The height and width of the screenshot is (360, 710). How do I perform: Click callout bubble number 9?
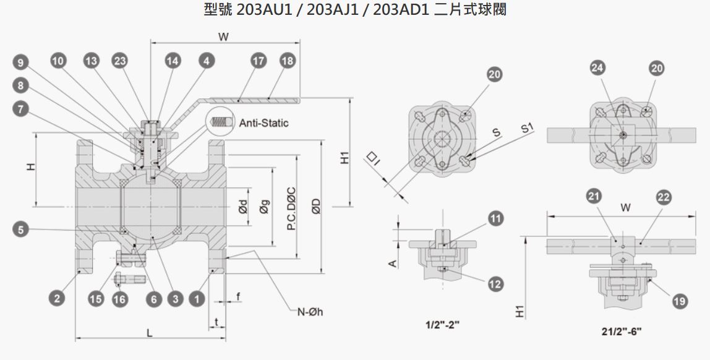tap(21, 62)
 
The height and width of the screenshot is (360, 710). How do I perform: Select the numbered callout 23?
tap(120, 61)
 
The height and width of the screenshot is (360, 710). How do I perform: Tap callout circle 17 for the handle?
tap(259, 61)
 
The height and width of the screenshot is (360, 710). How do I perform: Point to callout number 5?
tap(21, 229)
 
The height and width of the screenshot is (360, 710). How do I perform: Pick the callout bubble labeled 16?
tap(120, 299)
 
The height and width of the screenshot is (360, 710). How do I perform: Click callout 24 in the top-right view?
tap(597, 68)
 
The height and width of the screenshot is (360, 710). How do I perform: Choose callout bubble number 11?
tap(496, 219)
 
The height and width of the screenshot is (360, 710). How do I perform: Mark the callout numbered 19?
tap(680, 301)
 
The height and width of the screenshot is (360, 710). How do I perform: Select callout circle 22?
tap(664, 197)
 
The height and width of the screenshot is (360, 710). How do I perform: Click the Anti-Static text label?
tap(263, 123)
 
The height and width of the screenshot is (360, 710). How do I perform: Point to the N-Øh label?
tap(310, 312)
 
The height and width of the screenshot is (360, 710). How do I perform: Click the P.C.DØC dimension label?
tap(292, 208)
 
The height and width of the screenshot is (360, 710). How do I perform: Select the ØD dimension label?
tap(316, 207)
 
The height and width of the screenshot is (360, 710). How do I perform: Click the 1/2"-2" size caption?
tap(442, 325)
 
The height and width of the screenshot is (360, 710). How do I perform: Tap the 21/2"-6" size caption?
tap(622, 332)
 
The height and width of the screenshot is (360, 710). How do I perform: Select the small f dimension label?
tap(238, 297)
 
